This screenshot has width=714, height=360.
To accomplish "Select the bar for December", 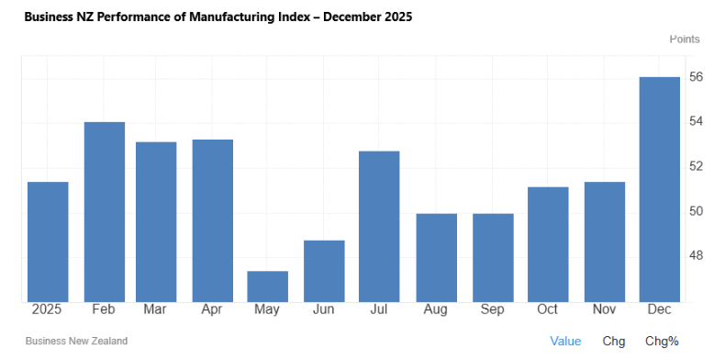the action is (x=659, y=189).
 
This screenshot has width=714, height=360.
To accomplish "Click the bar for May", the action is (x=268, y=287).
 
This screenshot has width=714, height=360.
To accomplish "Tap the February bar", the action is (x=105, y=212).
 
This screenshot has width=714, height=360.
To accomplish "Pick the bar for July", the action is (x=379, y=227).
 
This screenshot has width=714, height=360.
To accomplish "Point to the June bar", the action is (x=324, y=271).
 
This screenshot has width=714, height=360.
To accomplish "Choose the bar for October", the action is (x=548, y=244).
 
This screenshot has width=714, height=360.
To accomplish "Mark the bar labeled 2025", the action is (x=48, y=242).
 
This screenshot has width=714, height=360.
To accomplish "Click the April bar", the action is (x=213, y=220).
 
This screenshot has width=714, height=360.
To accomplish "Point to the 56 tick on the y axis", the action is (x=696, y=77).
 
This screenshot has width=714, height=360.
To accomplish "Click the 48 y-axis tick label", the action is (x=696, y=255).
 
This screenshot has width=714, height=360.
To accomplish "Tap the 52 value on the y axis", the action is (x=696, y=166).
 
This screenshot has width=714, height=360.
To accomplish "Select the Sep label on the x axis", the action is (x=492, y=309).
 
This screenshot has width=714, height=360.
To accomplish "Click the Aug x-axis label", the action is (x=435, y=309).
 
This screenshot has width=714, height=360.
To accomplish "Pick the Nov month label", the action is (x=604, y=309).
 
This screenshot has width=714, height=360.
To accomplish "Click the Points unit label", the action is (x=685, y=39).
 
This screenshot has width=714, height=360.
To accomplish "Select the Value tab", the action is (x=565, y=342).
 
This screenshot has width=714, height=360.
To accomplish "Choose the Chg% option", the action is (x=662, y=342).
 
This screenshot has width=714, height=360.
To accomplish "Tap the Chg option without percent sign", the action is (x=614, y=342).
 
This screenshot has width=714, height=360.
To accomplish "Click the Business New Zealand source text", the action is (x=76, y=341).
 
